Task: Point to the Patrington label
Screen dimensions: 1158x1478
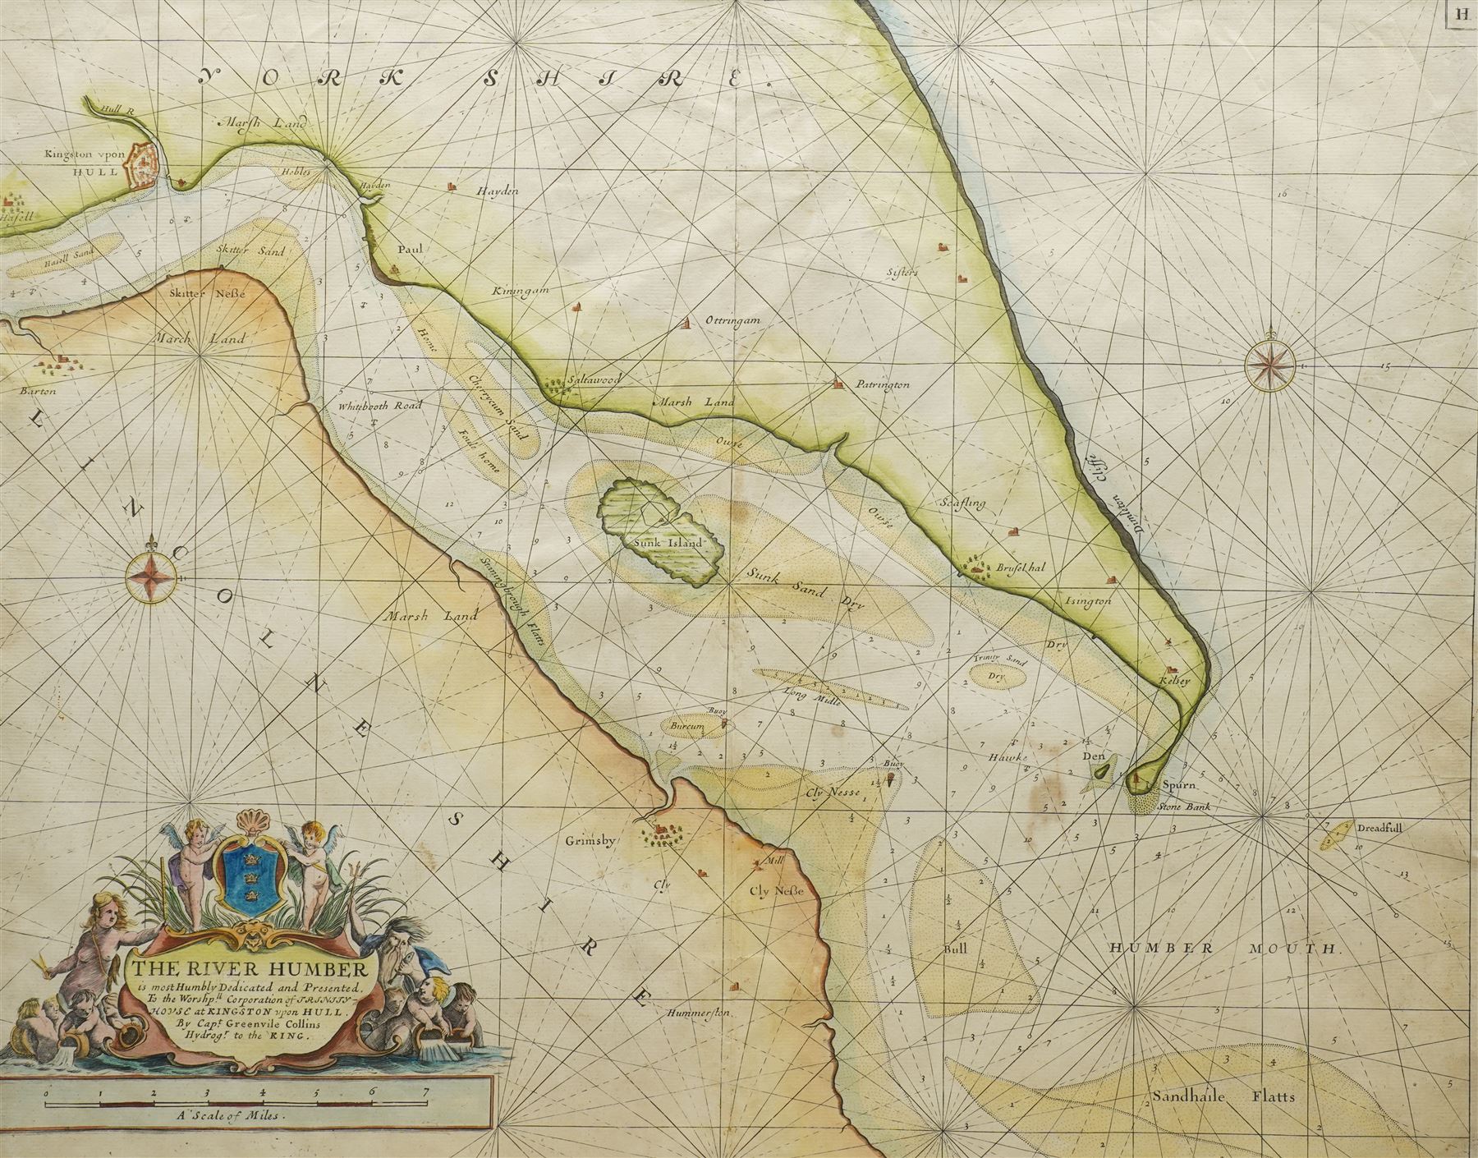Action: click(x=882, y=384)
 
